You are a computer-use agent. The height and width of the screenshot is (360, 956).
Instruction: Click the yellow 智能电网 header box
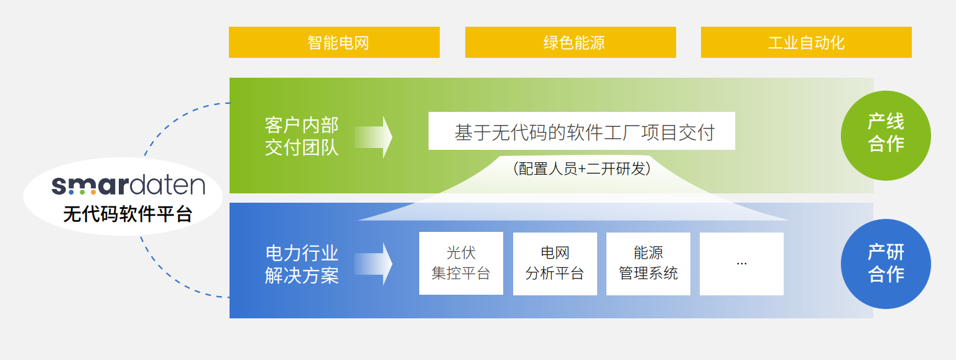[334, 42]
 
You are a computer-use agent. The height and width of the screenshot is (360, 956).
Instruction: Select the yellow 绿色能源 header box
[570, 42]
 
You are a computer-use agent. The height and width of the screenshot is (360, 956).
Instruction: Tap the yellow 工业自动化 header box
[806, 42]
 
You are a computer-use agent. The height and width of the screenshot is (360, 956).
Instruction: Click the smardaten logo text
[129, 185]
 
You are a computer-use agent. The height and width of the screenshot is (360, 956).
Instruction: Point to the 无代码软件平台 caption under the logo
[128, 214]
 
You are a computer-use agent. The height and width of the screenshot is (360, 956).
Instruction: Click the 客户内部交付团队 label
[301, 137]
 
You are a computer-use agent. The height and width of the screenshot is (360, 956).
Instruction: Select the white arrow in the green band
[373, 137]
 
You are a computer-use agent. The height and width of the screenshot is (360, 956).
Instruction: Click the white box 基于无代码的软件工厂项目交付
[582, 131]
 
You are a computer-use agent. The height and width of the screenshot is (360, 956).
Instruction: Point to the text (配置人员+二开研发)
[582, 169]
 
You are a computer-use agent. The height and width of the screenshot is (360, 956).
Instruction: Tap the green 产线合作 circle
[886, 136]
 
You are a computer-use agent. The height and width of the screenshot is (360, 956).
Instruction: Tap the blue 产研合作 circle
[886, 264]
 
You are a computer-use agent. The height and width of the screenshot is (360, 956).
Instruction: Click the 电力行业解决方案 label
[302, 264]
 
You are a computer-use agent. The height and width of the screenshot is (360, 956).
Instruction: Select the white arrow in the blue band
[373, 264]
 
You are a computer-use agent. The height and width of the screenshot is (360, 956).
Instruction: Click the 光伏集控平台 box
[461, 263]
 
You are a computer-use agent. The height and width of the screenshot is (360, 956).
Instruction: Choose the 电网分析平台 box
[555, 264]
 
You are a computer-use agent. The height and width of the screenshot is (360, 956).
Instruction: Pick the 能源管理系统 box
[648, 264]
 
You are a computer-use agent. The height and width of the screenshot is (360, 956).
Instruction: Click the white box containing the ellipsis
[742, 264]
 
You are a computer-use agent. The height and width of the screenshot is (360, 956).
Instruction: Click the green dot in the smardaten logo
[82, 192]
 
